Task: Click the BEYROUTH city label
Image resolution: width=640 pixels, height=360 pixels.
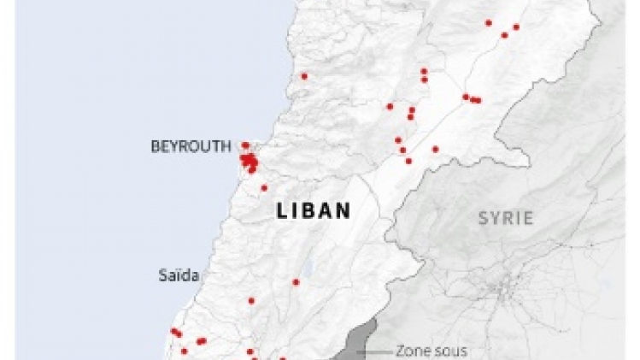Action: coord(191,146)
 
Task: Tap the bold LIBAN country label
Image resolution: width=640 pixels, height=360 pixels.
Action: coord(314,211)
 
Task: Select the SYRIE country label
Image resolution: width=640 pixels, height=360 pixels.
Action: coord(505,218)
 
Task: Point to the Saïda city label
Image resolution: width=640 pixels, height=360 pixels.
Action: coord(179,275)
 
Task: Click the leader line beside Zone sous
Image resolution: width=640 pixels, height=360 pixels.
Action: coord(376,351)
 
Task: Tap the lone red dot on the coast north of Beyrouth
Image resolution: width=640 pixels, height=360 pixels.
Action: coord(303,76)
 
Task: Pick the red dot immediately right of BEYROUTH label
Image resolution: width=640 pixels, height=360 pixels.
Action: coord(245,145)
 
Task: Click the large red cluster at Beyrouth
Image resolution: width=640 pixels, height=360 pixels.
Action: coord(250,161)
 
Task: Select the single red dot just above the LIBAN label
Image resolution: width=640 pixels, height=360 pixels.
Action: coord(263,188)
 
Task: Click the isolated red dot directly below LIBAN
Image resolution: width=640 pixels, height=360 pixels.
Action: coord(296,281)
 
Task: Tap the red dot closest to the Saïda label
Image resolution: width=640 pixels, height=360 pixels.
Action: coord(251,300)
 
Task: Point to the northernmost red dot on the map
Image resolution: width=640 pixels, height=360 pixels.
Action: coord(489,23)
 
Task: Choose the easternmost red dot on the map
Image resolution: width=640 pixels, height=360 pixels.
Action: coord(516,27)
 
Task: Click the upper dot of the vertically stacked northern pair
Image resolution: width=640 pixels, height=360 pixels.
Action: coord(424,71)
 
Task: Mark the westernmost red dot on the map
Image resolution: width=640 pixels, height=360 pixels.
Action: coord(173,331)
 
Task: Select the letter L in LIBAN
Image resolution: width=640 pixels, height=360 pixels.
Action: coord(282,211)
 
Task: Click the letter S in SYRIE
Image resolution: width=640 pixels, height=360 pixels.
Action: coord(483,218)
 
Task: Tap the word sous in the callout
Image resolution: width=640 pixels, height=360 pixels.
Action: coord(443,351)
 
